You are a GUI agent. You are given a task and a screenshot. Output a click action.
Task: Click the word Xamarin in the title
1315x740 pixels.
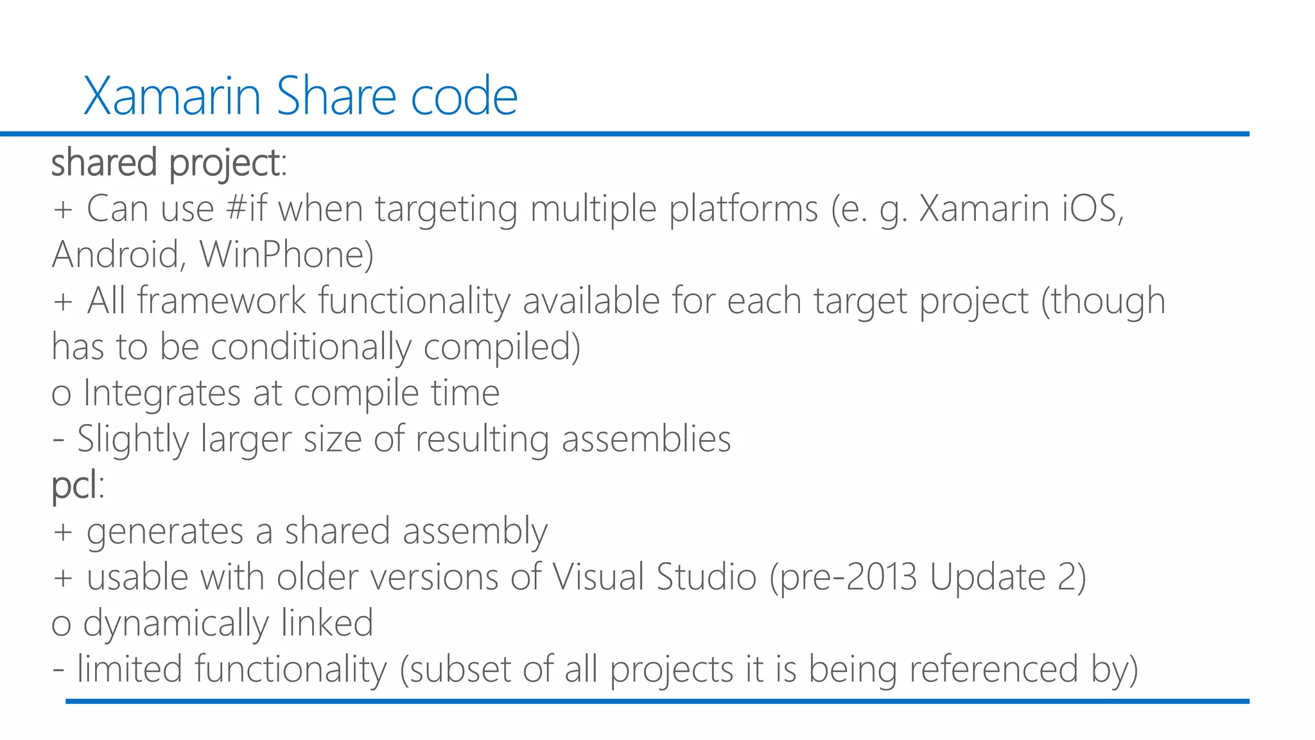point(171,96)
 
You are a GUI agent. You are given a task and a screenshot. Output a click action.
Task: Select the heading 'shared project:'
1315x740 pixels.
point(168,163)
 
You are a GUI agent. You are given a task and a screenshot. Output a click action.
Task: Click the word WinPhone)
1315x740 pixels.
point(286,255)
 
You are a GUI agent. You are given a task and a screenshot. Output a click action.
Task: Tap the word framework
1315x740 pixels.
point(222,301)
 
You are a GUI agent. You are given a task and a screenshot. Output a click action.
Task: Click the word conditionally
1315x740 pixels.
point(311,347)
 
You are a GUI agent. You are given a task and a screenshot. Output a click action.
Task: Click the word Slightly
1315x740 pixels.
point(133,439)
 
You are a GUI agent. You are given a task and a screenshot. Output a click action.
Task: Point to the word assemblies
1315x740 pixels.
point(646,439)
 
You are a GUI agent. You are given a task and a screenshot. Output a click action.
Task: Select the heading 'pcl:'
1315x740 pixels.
point(77,485)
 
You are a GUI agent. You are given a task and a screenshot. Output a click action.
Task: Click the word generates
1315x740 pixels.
point(165,532)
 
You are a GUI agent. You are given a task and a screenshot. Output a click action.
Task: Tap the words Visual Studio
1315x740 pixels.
point(654,577)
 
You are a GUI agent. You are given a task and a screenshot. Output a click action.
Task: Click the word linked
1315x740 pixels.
point(327,623)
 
